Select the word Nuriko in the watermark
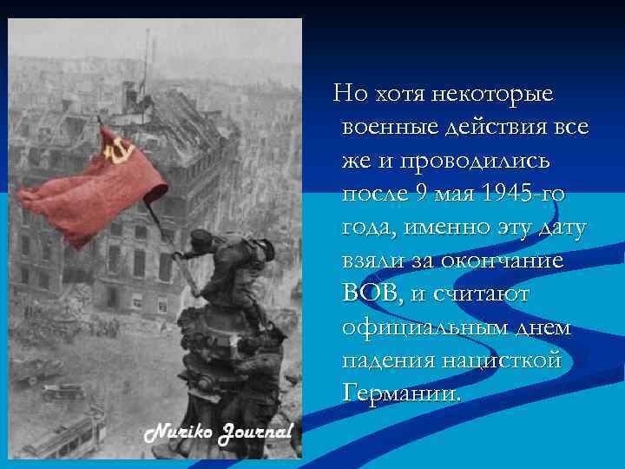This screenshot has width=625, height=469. click(x=177, y=431)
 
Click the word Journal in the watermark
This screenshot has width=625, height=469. click(x=253, y=432)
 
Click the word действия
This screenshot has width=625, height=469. click(x=508, y=127)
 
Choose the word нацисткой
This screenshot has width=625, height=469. click(x=510, y=360)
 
